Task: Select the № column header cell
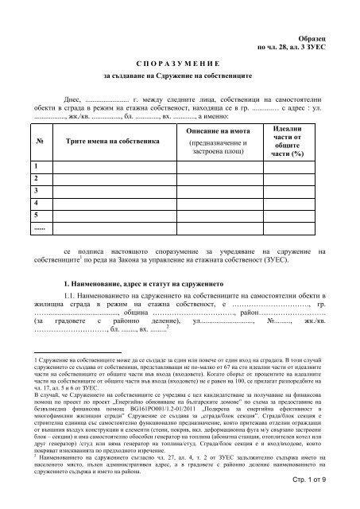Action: point(40,141)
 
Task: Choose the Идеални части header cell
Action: point(299,141)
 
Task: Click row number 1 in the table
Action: point(37,166)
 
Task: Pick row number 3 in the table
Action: point(37,192)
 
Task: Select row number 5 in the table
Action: point(37,217)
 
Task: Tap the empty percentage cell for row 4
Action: point(299,204)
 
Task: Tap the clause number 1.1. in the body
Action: point(70,298)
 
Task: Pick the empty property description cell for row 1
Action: point(220,166)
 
